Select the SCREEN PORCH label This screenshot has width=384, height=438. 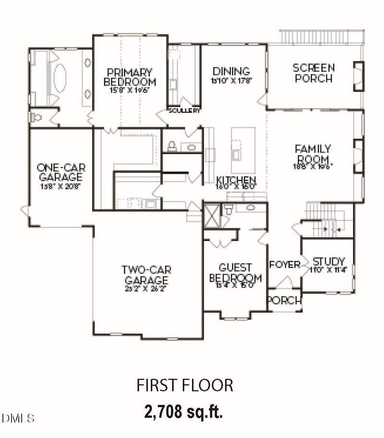pyautogui.click(x=314, y=73)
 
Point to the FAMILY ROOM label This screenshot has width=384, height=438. pyautogui.click(x=312, y=154)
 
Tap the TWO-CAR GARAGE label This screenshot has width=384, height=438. pyautogui.click(x=146, y=275)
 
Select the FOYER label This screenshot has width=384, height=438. pyautogui.click(x=285, y=265)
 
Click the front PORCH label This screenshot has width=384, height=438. pyautogui.click(x=285, y=301)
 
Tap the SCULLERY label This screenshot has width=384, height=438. pyautogui.click(x=184, y=110)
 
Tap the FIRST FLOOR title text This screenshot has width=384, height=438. pyautogui.click(x=185, y=385)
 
